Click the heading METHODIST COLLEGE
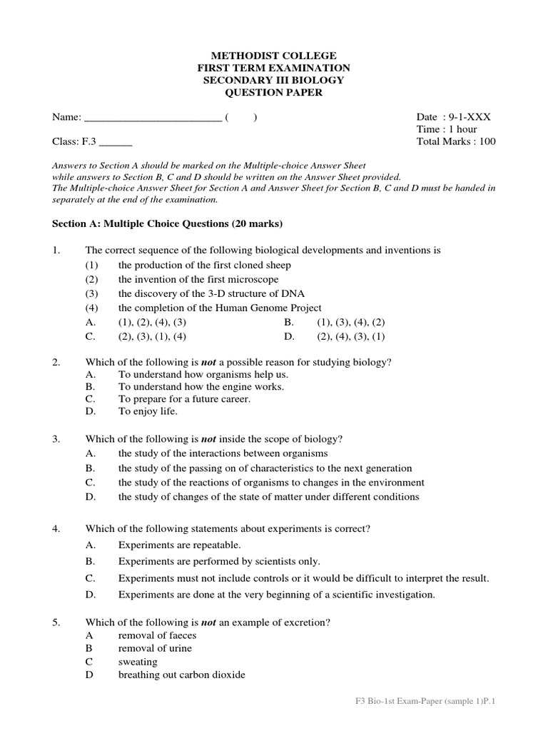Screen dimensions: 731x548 tap(273, 56)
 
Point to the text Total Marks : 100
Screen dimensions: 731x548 tap(455, 141)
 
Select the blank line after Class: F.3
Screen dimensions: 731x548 tap(118, 143)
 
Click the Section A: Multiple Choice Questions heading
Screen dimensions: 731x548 tap(168, 223)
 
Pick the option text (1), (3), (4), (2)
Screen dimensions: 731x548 tap(351, 322)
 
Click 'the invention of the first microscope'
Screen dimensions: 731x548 tap(198, 279)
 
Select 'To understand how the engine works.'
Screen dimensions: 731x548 tap(201, 386)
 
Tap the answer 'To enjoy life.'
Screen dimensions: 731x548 tap(148, 411)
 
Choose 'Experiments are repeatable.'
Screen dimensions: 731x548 tap(175, 545)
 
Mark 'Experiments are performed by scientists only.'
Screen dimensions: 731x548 tap(219, 561)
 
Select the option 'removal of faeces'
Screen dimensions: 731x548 tap(157, 635)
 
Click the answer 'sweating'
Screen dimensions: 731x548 tap(138, 662)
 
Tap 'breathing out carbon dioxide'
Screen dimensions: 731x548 tap(181, 675)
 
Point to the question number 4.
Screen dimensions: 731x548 tap(56, 528)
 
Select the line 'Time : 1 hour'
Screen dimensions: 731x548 tap(446, 129)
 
